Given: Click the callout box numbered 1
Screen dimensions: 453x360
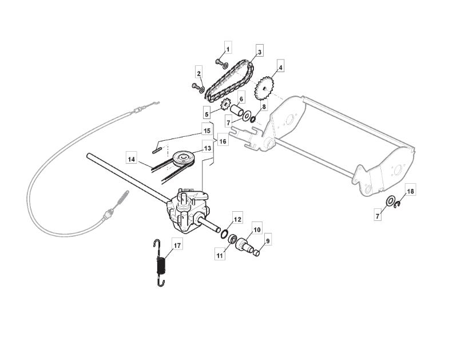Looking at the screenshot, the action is (x=228, y=49).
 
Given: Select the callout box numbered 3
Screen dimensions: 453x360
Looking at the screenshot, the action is (x=260, y=52).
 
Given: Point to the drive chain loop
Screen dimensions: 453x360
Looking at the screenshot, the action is (x=230, y=81).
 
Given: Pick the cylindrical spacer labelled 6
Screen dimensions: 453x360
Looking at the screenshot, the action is (x=237, y=110).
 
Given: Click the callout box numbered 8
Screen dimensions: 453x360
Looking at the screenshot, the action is (x=264, y=106).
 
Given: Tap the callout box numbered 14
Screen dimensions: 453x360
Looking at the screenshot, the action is (x=132, y=159).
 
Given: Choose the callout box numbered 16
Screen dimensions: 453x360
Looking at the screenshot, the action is (x=222, y=141).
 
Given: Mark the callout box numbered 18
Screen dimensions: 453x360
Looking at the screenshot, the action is (x=410, y=191).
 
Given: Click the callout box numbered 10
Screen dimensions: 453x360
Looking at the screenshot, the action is (x=257, y=230).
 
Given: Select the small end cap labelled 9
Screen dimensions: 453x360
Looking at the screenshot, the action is (x=256, y=253).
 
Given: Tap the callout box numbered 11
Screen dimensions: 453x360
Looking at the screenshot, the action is (x=220, y=256).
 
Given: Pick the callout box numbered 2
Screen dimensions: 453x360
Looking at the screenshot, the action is (x=199, y=74).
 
